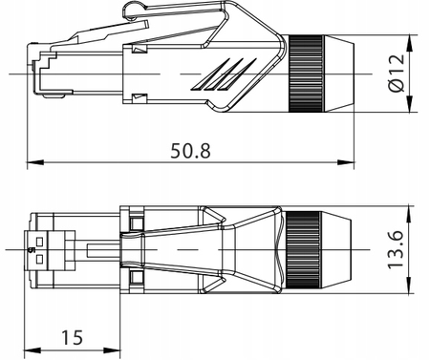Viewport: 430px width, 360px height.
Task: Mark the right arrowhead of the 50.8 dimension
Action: [349, 159]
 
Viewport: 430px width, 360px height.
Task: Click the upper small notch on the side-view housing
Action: [140, 49]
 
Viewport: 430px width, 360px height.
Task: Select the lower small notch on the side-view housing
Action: [140, 96]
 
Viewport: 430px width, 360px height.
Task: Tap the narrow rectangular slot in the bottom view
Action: [103, 249]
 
